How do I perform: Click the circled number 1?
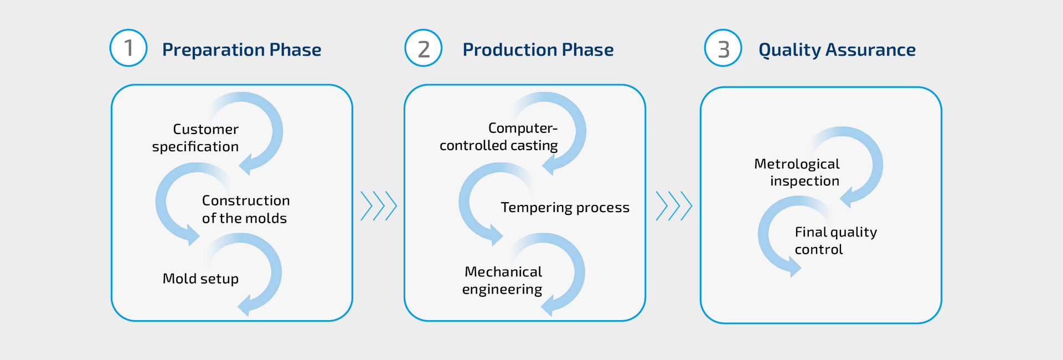[128, 48]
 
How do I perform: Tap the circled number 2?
[424, 48]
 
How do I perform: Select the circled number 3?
[723, 48]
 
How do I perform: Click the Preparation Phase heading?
[241, 50]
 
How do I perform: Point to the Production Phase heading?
[538, 50]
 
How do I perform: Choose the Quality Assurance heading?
[837, 50]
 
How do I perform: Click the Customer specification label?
[195, 138]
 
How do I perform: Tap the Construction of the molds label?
[246, 209]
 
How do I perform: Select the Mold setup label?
[200, 279]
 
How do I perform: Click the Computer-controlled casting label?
[499, 137]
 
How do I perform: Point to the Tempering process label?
[565, 208]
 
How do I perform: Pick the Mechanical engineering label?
[503, 280]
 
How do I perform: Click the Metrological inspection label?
[797, 172]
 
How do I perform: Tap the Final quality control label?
[836, 240]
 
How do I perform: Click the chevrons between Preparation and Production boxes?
[379, 206]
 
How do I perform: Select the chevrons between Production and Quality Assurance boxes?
[674, 206]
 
